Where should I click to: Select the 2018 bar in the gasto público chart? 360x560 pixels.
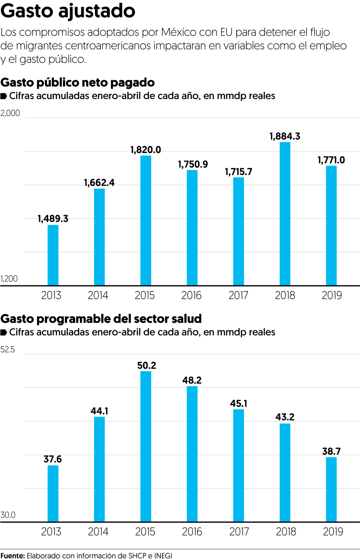(x=285, y=213)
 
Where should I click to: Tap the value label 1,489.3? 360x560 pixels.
(x=53, y=218)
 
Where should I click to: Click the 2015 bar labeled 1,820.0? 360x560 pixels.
(x=146, y=221)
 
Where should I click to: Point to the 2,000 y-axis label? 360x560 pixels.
(x=10, y=113)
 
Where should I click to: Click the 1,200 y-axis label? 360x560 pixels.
(x=9, y=279)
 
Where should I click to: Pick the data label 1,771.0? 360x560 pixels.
(x=331, y=160)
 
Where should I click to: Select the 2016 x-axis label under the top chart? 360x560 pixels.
(x=192, y=296)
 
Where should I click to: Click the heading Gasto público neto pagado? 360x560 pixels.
(x=78, y=82)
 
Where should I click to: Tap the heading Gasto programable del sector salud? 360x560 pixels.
(x=101, y=319)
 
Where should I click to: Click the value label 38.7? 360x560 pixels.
(x=331, y=451)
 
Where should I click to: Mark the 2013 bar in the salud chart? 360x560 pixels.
(x=53, y=493)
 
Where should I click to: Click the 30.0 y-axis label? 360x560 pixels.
(x=8, y=515)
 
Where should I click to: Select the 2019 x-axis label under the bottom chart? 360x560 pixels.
(x=333, y=532)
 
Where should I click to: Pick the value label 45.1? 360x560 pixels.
(x=238, y=403)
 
